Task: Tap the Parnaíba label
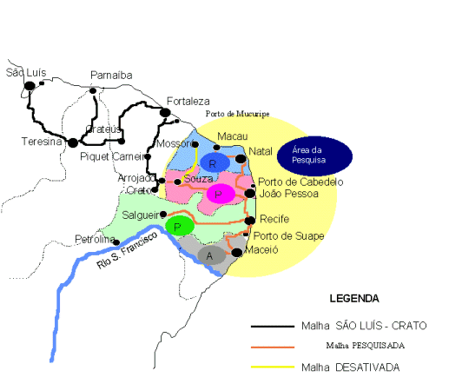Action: [x=111, y=76]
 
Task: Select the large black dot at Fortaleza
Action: [x=165, y=112]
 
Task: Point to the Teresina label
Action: [x=37, y=141]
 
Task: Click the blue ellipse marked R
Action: [x=214, y=162]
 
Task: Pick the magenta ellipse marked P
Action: [x=221, y=194]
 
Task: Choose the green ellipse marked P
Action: [x=178, y=226]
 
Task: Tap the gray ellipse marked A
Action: [x=210, y=255]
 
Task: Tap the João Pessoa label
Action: [x=289, y=194]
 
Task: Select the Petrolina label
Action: [x=94, y=237]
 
